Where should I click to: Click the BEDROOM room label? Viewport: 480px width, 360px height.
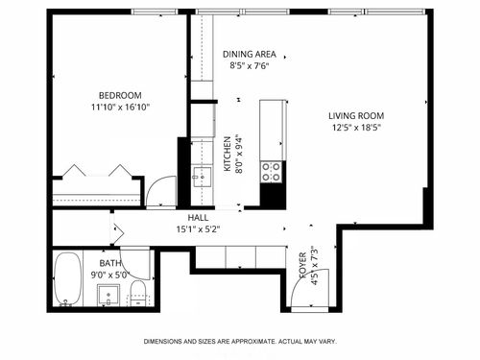tap(120, 95)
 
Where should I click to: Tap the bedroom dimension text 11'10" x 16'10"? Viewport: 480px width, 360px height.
tap(120, 108)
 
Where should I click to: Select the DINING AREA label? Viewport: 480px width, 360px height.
tap(250, 55)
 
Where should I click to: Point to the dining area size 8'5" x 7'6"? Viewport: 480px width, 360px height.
tap(250, 67)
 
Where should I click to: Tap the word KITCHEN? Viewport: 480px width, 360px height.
tap(228, 154)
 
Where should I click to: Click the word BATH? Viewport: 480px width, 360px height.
tap(110, 262)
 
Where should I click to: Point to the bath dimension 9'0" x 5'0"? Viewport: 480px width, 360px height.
tap(110, 274)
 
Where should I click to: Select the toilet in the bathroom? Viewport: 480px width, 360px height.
tap(137, 292)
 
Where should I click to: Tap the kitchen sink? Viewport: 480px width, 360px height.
tap(202, 177)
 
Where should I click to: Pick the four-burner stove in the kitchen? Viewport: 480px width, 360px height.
tap(272, 171)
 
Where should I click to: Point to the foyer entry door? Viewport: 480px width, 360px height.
tap(312, 288)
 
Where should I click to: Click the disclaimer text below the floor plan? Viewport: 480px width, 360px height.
tap(240, 342)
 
